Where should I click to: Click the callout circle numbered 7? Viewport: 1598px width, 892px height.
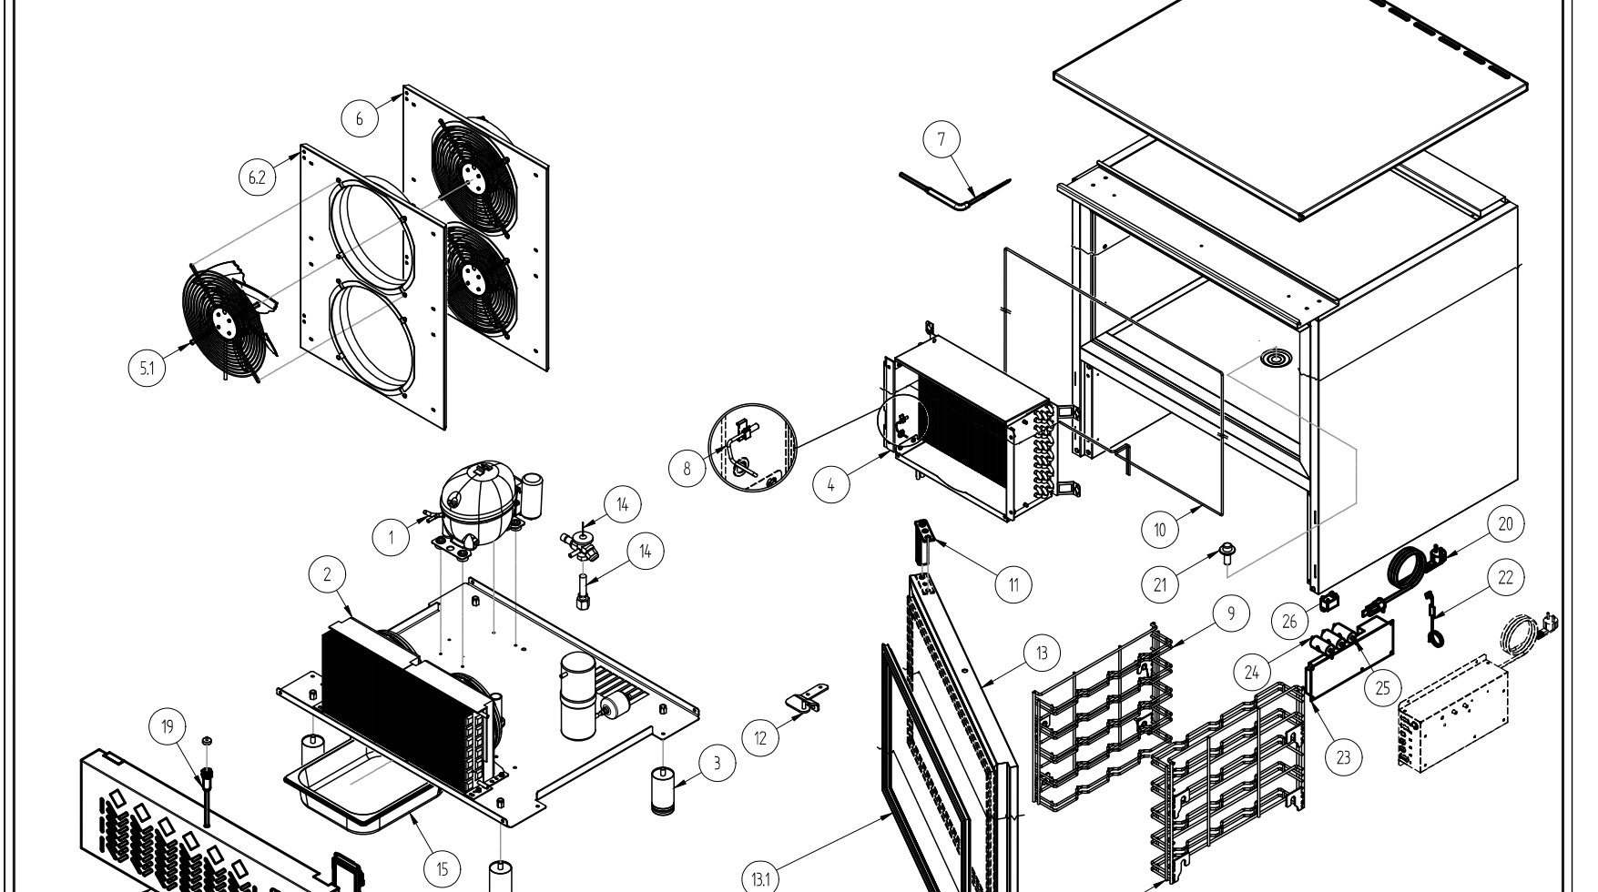[x=941, y=139]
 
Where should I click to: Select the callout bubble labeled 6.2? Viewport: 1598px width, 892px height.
[x=258, y=177]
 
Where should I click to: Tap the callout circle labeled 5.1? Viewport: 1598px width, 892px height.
[x=148, y=369]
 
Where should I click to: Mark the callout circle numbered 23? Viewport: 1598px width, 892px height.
[x=1344, y=755]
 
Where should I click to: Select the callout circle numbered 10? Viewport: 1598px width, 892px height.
[x=1160, y=530]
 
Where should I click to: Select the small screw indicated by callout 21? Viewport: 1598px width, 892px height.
[x=1225, y=554]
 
